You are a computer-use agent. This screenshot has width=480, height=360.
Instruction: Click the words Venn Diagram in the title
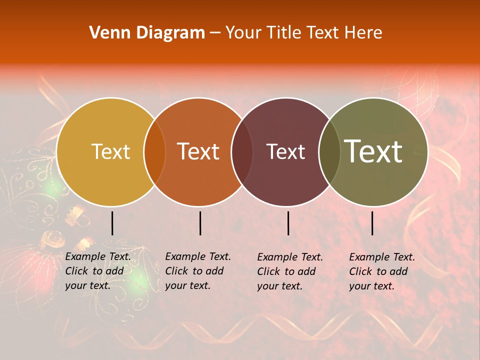(147, 33)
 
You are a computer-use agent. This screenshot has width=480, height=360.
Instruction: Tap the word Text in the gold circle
(110, 151)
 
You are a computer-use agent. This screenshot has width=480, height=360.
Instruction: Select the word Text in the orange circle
(198, 151)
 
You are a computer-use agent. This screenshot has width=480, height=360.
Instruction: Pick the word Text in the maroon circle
(286, 151)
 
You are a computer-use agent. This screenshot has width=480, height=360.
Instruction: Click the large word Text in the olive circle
(373, 151)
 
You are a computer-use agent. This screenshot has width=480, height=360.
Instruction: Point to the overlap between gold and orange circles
(154, 151)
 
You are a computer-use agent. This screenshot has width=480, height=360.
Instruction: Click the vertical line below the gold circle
(112, 223)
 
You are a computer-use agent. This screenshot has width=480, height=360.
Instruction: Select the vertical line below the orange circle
(200, 223)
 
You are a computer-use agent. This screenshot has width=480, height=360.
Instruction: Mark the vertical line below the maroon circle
(288, 223)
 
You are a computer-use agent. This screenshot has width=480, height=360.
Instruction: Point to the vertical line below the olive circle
(372, 223)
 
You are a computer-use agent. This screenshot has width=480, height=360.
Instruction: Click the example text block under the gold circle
(98, 271)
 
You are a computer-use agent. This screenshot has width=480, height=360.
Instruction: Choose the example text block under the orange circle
(198, 271)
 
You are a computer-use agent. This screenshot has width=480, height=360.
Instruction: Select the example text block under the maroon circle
(290, 271)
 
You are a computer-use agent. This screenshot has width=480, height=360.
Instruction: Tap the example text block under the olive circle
(382, 271)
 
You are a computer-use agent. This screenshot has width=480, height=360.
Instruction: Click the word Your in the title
(242, 33)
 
